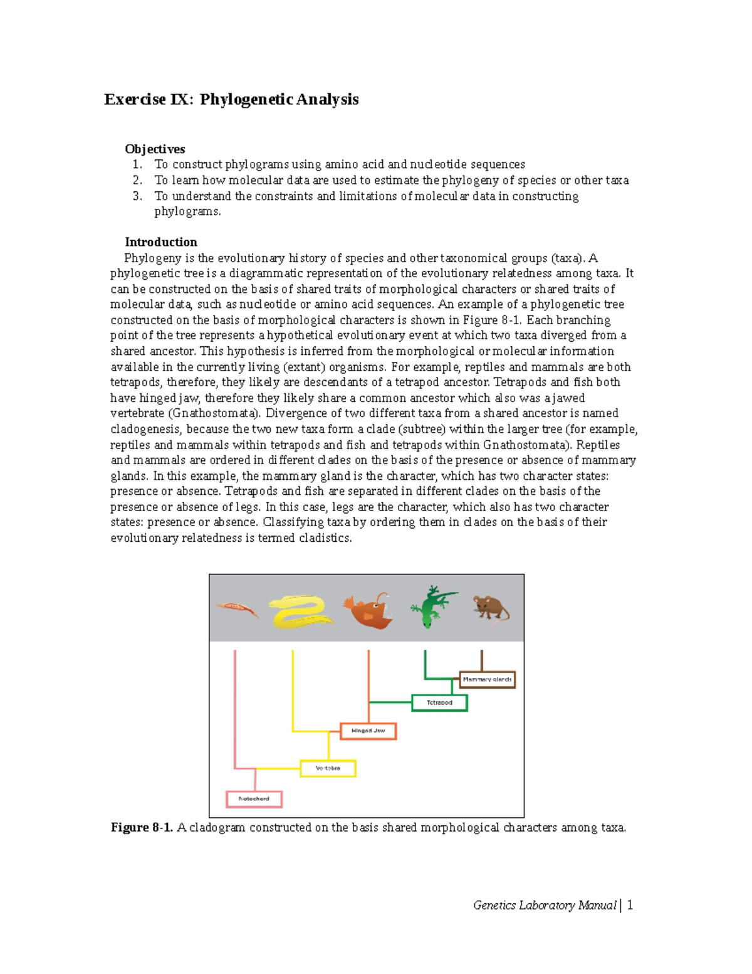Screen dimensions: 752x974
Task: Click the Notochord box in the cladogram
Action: pyautogui.click(x=254, y=799)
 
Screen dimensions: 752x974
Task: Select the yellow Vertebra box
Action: pyautogui.click(x=328, y=768)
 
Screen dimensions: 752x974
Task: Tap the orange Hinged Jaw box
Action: pyautogui.click(x=368, y=731)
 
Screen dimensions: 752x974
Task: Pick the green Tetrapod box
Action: pyautogui.click(x=439, y=702)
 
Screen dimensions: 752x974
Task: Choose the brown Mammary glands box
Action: pyautogui.click(x=487, y=679)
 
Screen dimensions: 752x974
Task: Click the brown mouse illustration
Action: pyautogui.click(x=491, y=609)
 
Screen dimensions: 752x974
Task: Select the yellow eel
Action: pyautogui.click(x=300, y=611)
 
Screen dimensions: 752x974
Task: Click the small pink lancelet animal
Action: pyautogui.click(x=237, y=608)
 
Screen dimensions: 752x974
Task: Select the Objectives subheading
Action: pyautogui.click(x=155, y=149)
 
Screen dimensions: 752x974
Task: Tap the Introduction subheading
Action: pyautogui.click(x=160, y=242)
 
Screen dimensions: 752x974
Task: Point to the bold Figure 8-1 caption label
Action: pyautogui.click(x=142, y=828)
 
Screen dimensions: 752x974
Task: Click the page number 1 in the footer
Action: pyautogui.click(x=630, y=905)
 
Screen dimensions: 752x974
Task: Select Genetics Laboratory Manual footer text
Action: pyautogui.click(x=545, y=905)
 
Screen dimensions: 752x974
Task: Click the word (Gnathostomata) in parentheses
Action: pyautogui.click(x=214, y=413)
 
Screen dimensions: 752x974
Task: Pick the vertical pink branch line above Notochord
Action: pyautogui.click(x=235, y=709)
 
